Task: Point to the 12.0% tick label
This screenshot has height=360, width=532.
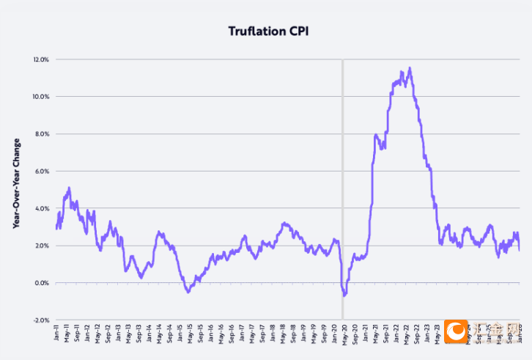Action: point(40,59)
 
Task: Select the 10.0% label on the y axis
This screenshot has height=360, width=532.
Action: point(40,97)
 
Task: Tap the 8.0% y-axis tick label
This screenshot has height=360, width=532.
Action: point(41,134)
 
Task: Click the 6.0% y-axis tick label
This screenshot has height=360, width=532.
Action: point(41,172)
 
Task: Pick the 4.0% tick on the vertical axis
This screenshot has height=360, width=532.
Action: point(41,209)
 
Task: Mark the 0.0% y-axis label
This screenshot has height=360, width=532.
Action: point(41,283)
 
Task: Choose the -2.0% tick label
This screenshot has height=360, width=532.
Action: point(40,320)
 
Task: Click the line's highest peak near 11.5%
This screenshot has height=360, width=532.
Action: point(410,68)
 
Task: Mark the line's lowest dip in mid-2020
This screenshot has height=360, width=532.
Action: point(344,295)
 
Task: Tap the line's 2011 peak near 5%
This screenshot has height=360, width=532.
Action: point(69,188)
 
